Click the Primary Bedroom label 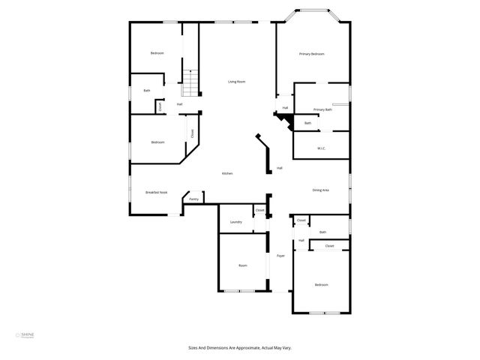311,54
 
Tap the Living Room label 237,81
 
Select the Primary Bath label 322,109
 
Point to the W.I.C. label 320,148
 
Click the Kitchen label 226,173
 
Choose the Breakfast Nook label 156,193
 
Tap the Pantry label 193,199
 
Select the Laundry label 235,222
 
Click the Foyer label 280,256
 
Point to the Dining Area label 320,190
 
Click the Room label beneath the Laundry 242,265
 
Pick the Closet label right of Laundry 259,211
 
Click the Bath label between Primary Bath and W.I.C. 307,123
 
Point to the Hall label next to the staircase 180,103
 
